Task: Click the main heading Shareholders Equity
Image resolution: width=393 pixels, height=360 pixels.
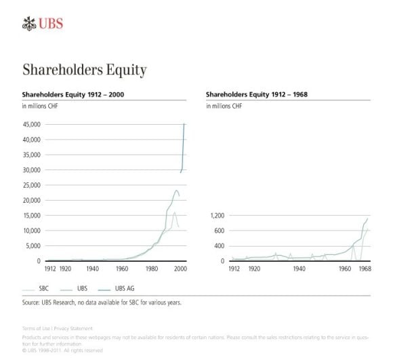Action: pyautogui.click(x=84, y=70)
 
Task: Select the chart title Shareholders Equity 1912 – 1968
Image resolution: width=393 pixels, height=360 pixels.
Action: pyautogui.click(x=257, y=94)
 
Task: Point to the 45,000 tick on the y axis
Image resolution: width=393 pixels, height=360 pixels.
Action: pyautogui.click(x=32, y=125)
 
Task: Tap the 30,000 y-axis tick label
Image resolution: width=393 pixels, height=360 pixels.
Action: pyautogui.click(x=32, y=170)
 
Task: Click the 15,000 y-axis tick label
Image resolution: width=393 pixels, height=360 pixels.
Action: pyautogui.click(x=32, y=216)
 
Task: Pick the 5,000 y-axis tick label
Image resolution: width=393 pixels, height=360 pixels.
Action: pyautogui.click(x=34, y=246)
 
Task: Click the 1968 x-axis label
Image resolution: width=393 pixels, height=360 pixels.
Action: pyautogui.click(x=364, y=268)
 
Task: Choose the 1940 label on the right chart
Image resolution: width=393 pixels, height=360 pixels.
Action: pyautogui.click(x=298, y=268)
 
